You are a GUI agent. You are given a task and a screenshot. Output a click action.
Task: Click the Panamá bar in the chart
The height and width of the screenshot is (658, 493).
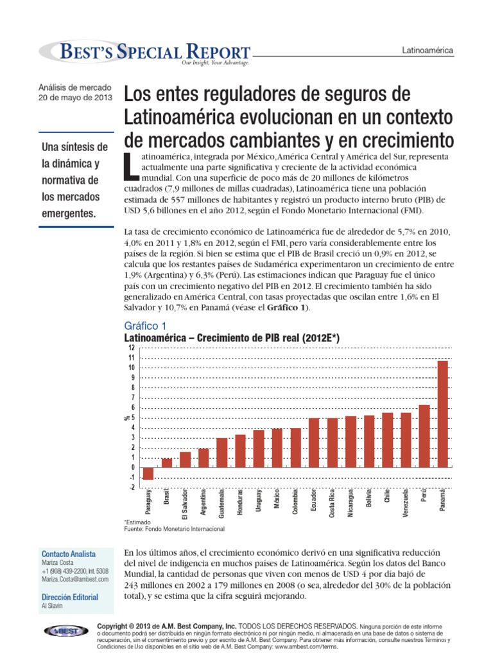[x=443, y=414]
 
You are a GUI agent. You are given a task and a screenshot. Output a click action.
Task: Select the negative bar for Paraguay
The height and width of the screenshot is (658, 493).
[x=148, y=474]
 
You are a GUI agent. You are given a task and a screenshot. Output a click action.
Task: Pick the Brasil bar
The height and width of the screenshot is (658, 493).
[x=167, y=463]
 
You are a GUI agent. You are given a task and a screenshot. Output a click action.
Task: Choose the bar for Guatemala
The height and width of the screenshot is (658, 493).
[x=221, y=452]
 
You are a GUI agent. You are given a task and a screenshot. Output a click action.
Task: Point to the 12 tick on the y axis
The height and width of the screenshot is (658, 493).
[x=132, y=348]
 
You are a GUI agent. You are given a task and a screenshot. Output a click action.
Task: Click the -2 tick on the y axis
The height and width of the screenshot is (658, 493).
[x=132, y=487]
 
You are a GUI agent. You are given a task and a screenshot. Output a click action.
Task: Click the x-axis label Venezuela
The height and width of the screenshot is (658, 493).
[x=406, y=504]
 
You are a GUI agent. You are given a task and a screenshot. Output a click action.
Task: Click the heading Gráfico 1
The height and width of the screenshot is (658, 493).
[x=144, y=326]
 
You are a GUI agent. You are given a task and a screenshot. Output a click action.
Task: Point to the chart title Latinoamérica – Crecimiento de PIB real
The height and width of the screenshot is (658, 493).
[x=231, y=339]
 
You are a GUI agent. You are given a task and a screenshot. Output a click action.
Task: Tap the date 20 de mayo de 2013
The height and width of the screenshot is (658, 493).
[x=76, y=98]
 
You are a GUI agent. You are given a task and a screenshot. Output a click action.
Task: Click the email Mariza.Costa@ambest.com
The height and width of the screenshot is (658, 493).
[x=74, y=579]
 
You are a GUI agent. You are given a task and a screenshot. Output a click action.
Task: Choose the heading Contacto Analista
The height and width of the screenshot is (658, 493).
[x=68, y=554]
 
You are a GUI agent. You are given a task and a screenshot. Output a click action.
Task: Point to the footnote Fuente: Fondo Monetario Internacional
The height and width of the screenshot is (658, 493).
[x=174, y=529]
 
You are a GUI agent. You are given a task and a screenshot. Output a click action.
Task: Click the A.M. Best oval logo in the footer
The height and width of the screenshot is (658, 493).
[x=66, y=631]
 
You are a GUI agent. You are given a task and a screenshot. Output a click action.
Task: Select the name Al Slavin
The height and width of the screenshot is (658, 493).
[x=52, y=606]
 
